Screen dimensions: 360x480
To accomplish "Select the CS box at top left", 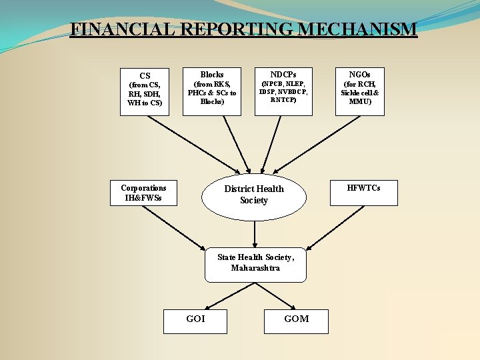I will [x=145, y=91].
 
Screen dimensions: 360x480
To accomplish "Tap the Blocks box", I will [x=211, y=91].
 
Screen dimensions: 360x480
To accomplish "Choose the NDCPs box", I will [x=283, y=91].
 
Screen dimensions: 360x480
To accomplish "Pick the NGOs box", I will [x=359, y=91].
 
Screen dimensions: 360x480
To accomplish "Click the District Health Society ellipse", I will [x=254, y=195].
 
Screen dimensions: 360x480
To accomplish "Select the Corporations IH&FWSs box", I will [x=143, y=193].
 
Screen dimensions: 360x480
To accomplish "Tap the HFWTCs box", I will [x=363, y=193].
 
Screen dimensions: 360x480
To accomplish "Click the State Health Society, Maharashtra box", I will [x=255, y=263].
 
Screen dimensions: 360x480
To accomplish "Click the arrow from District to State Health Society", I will [x=255, y=234].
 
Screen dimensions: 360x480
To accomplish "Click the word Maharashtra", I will [x=255, y=268].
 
